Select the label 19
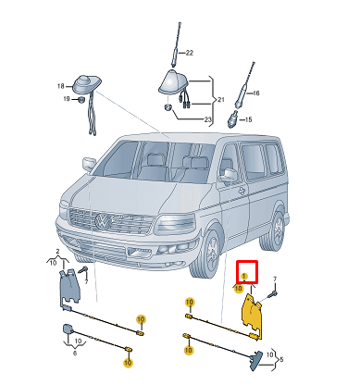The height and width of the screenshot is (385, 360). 68,98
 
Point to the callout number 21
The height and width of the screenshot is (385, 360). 220,98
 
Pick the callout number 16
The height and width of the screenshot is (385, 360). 256,93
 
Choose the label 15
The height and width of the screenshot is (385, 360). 247,119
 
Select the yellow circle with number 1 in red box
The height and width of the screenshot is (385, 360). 244,275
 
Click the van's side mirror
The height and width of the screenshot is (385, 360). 229,174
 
